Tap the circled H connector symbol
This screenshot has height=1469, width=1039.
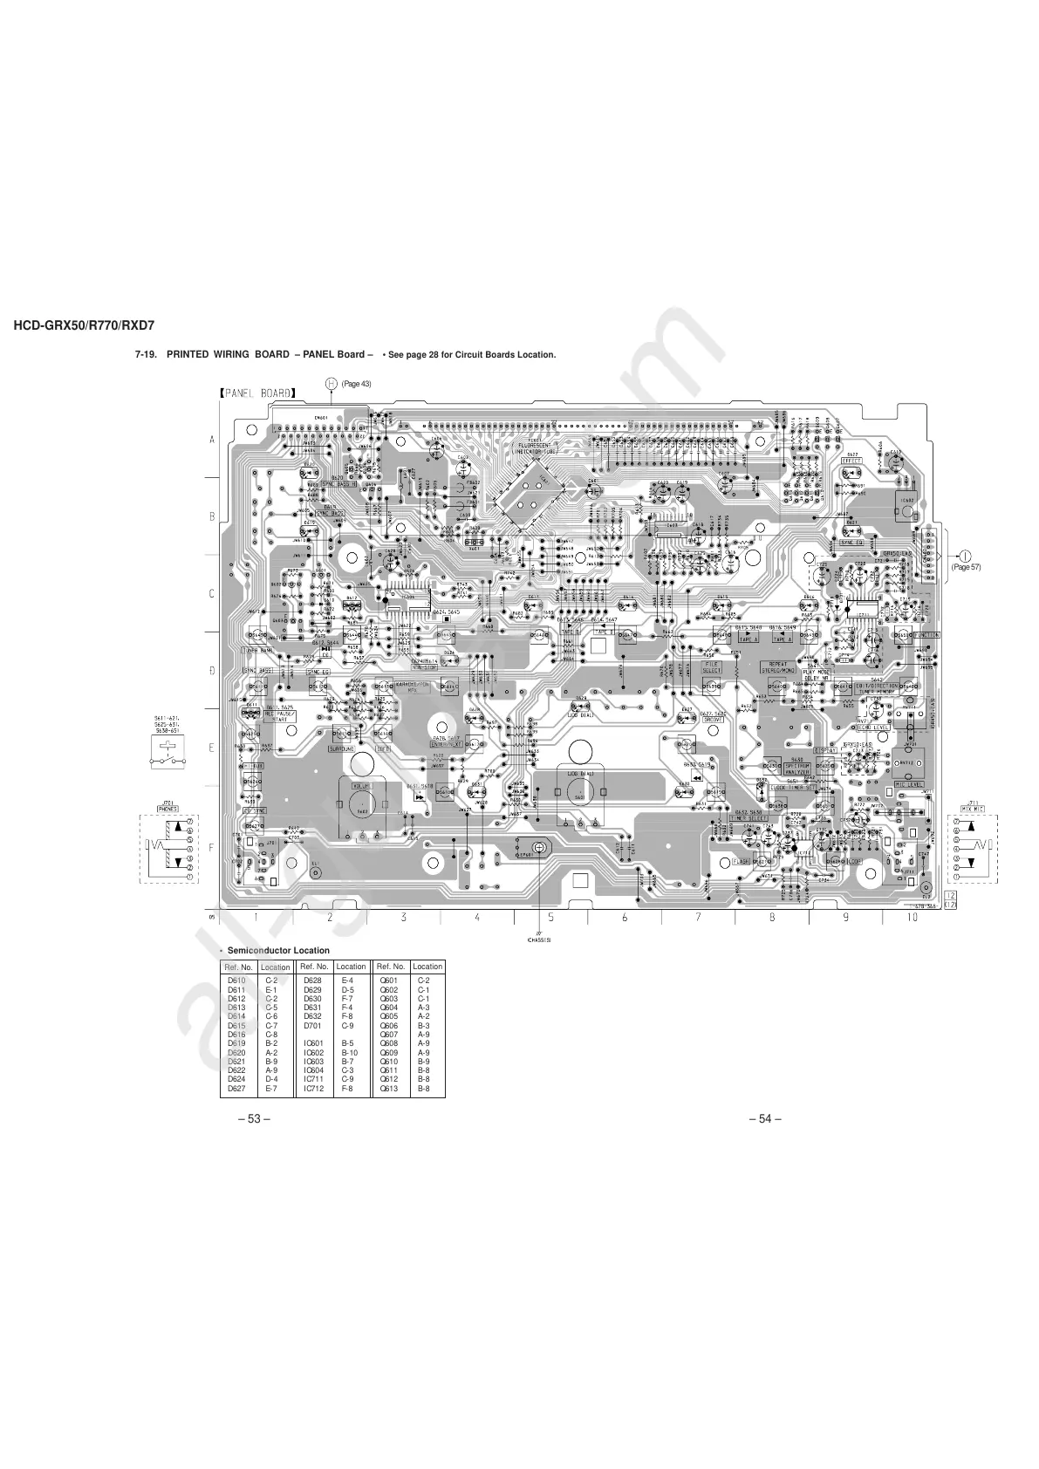[332, 384]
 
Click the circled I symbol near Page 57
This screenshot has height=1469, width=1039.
[966, 556]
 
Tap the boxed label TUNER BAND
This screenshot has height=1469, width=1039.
[259, 650]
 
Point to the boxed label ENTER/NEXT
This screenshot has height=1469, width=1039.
[445, 744]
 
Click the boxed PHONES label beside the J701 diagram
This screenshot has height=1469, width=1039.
[167, 809]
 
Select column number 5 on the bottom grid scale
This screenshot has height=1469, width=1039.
[550, 918]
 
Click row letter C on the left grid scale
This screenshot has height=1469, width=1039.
[211, 594]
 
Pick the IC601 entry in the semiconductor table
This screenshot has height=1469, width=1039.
[314, 1042]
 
